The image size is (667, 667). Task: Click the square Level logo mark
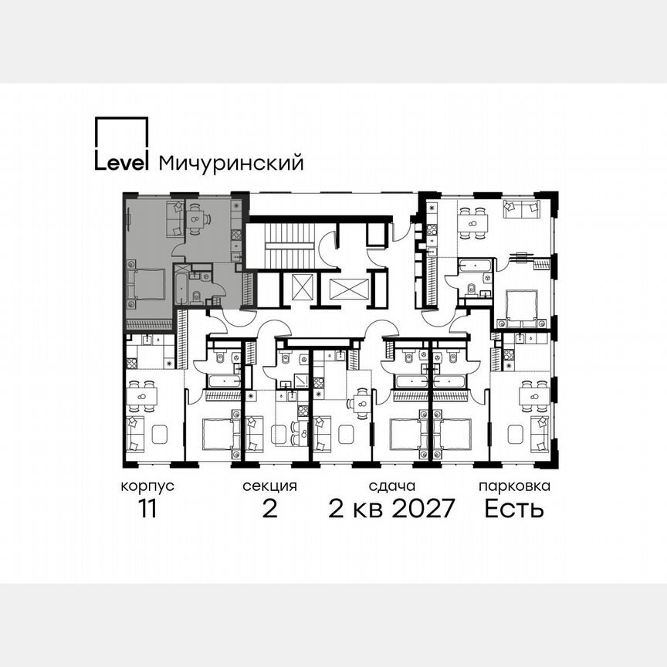click(x=120, y=142)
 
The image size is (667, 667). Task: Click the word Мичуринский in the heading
click(x=231, y=163)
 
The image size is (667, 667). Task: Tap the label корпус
click(x=147, y=487)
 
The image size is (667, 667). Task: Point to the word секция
click(x=269, y=487)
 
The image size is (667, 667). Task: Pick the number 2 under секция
click(x=269, y=510)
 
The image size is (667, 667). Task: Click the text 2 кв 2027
click(x=391, y=510)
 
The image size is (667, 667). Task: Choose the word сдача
click(x=392, y=487)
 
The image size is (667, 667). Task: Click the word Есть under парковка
click(x=514, y=510)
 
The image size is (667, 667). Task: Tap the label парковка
click(x=514, y=487)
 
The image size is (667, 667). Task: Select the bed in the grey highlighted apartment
click(x=148, y=284)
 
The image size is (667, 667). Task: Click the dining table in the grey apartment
click(x=198, y=220)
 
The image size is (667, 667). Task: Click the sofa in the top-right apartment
click(x=520, y=208)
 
